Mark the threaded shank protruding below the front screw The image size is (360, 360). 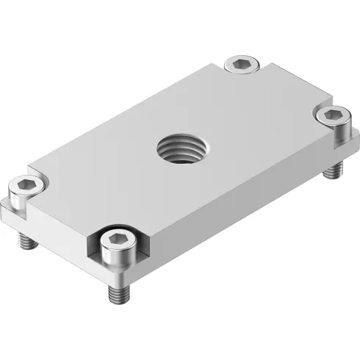tap(118, 293)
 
